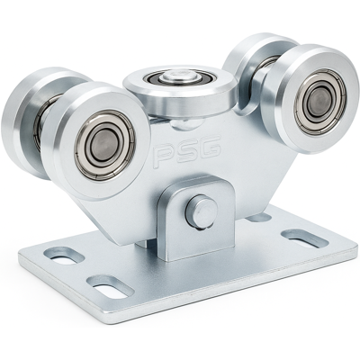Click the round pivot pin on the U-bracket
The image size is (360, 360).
[x=202, y=211]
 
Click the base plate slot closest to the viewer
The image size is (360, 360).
[x=111, y=286]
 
